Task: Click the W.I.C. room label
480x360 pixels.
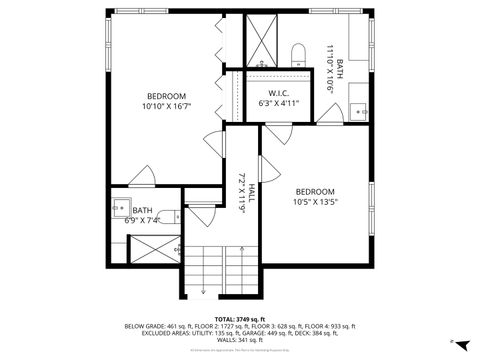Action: click(x=279, y=93)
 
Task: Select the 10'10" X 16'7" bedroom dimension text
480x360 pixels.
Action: click(x=167, y=104)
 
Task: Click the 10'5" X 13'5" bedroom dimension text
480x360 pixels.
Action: click(x=315, y=201)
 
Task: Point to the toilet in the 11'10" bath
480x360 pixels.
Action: click(x=298, y=52)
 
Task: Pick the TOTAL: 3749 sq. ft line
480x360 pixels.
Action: click(x=239, y=318)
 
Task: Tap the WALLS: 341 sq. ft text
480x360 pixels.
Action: click(x=240, y=337)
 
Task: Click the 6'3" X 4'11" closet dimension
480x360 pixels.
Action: click(x=279, y=102)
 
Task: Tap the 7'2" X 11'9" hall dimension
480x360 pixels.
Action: click(x=241, y=187)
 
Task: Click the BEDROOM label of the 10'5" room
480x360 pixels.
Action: click(x=315, y=191)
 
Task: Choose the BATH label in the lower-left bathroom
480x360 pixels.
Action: click(x=128, y=210)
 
